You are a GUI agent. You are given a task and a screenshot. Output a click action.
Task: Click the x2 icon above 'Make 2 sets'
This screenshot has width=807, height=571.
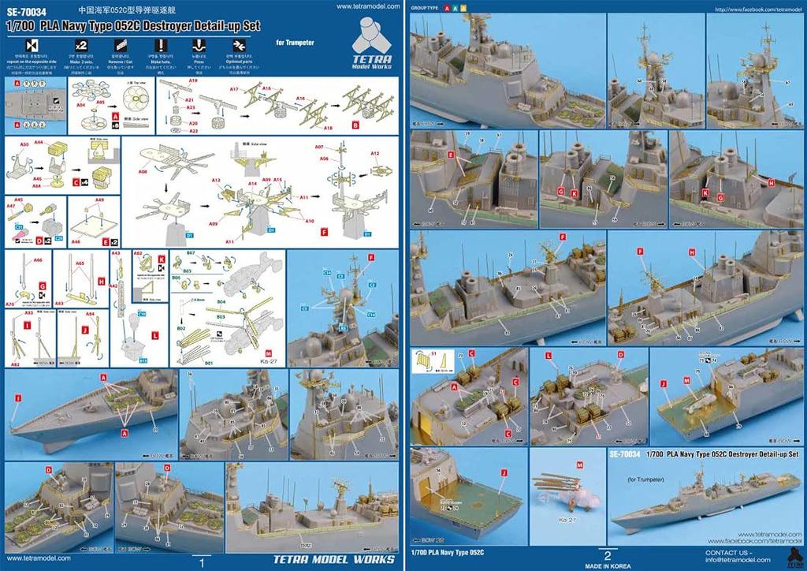pyautogui.click(x=80, y=45)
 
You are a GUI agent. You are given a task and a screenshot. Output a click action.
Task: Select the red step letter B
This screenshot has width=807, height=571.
pyautogui.click(x=355, y=125)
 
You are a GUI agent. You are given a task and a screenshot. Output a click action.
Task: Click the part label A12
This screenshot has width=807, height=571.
pyautogui.click(x=375, y=152)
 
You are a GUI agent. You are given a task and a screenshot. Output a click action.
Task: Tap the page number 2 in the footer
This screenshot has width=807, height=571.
pyautogui.click(x=607, y=554)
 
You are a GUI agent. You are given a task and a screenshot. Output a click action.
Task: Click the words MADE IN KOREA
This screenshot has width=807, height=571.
pyautogui.click(x=606, y=565)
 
